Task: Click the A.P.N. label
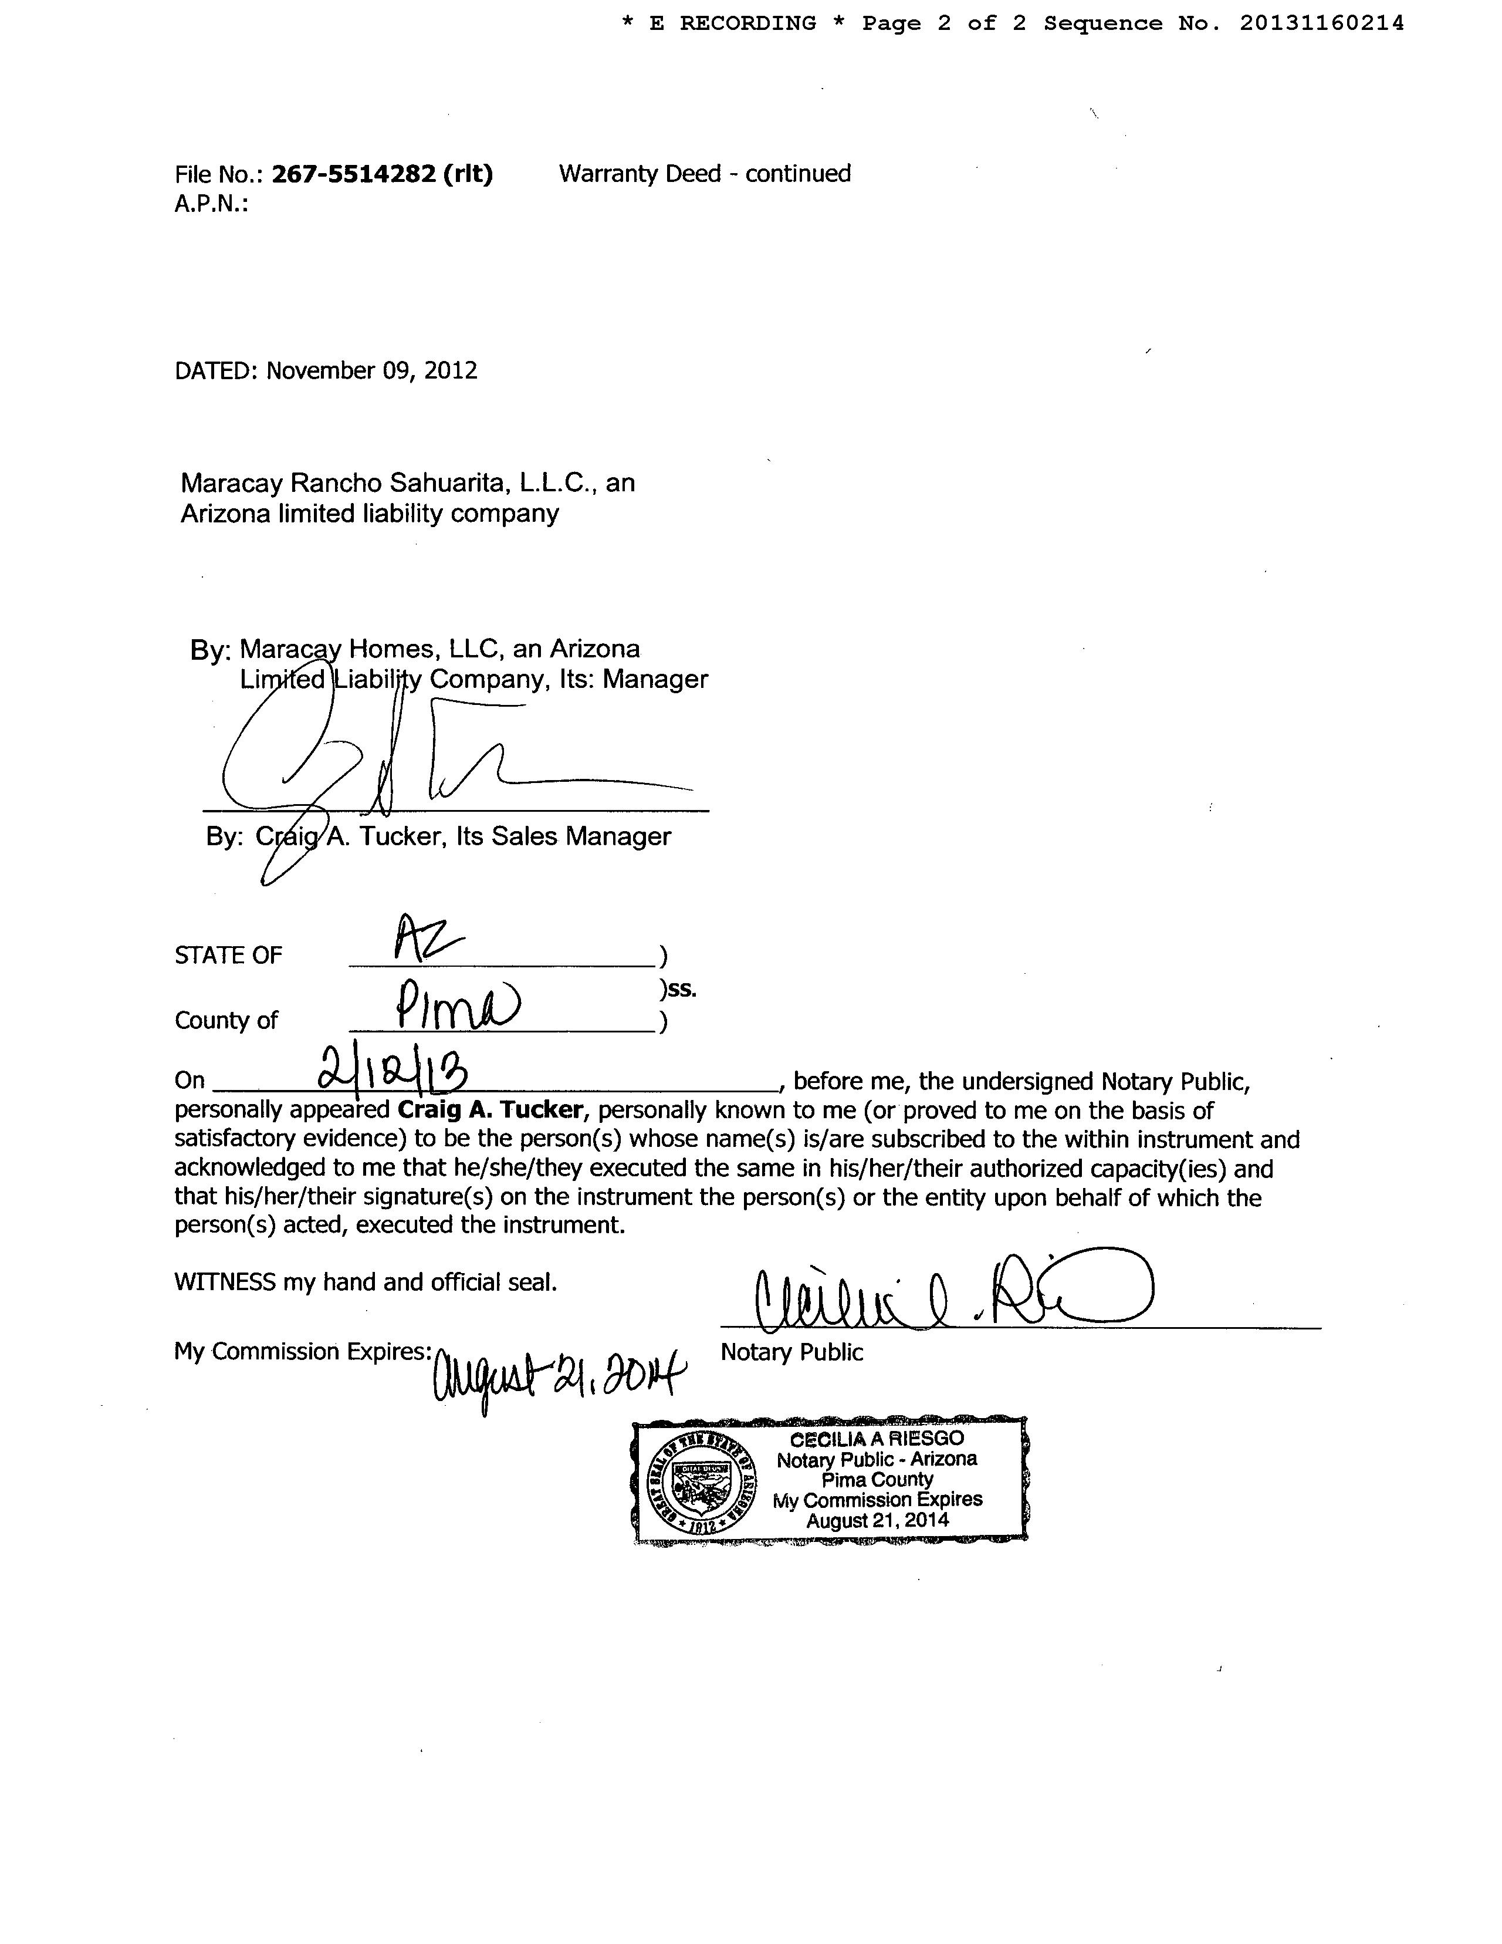[x=211, y=205]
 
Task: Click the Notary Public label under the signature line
[x=791, y=1352]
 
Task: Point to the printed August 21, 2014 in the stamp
[x=877, y=1520]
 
